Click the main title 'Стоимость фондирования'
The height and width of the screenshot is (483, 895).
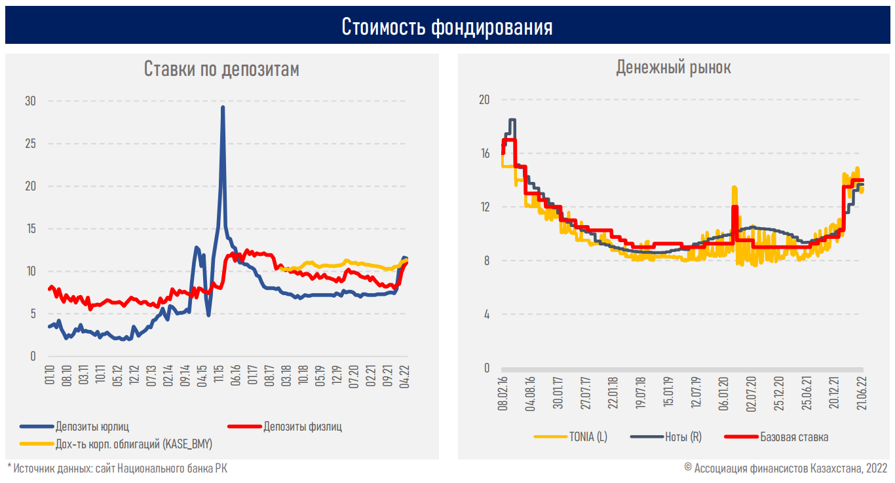click(447, 27)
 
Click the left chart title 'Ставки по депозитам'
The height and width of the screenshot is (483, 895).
click(221, 69)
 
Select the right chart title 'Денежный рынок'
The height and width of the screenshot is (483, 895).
click(674, 67)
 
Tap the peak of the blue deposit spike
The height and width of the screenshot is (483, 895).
click(223, 107)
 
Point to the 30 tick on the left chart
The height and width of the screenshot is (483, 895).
click(30, 101)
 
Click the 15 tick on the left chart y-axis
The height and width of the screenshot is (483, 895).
click(30, 228)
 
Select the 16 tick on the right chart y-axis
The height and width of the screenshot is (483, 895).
click(485, 153)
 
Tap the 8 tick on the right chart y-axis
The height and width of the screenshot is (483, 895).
click(486, 260)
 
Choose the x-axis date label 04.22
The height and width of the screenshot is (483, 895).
click(404, 376)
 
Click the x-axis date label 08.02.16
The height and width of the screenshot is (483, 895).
click(503, 393)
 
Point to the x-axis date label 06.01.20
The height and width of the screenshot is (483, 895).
click(723, 393)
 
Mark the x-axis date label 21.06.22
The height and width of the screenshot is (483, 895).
click(862, 393)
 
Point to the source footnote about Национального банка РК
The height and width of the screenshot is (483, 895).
click(117, 468)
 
